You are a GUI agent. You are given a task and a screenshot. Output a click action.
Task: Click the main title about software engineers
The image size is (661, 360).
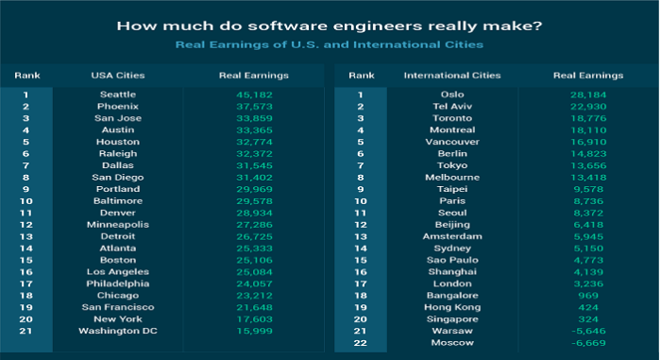click(x=330, y=26)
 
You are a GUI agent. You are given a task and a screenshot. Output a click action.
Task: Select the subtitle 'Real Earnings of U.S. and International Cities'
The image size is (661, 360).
click(x=330, y=44)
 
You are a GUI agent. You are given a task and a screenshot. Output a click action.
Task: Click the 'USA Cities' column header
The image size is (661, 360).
click(x=118, y=75)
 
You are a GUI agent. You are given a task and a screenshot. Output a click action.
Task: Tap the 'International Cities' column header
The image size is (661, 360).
click(x=440, y=75)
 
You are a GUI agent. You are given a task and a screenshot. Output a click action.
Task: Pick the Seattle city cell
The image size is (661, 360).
click(x=118, y=94)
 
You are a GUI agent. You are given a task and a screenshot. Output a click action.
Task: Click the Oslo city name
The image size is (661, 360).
click(x=440, y=94)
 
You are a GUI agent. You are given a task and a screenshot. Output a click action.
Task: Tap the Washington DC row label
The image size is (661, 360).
click(x=118, y=331)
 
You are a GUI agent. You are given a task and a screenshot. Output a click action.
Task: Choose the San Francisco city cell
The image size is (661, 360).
click(x=118, y=307)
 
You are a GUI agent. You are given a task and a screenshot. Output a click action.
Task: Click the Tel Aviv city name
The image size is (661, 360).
click(x=440, y=106)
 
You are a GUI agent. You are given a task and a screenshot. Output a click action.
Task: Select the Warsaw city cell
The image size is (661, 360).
click(x=440, y=331)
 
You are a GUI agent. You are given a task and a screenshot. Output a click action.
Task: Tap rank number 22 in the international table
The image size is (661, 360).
click(x=360, y=343)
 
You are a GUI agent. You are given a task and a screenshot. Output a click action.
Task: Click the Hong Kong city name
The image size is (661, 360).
click(x=440, y=307)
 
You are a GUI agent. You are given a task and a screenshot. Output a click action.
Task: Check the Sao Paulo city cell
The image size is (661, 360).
click(x=440, y=260)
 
